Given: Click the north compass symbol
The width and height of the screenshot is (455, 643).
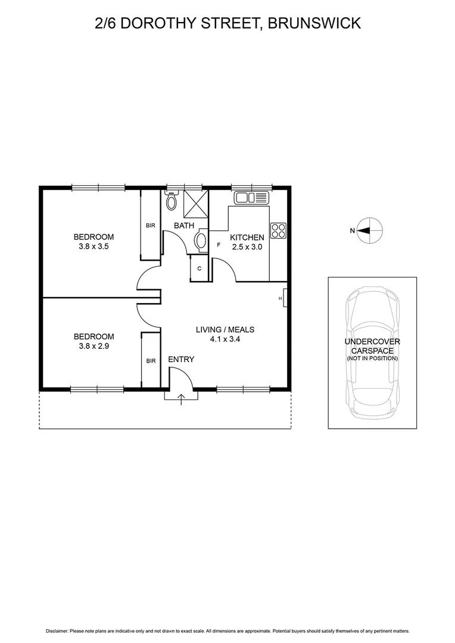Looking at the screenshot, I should click(370, 230).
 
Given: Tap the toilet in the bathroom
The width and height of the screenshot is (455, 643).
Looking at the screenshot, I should click(172, 201).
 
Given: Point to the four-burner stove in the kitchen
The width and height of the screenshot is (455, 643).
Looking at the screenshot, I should click(278, 230).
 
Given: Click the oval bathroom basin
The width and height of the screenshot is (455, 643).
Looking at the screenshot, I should click(201, 241).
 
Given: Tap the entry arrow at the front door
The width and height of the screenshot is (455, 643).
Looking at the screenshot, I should click(182, 397).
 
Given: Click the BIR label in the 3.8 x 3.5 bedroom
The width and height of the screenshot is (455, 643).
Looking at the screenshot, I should click(151, 226).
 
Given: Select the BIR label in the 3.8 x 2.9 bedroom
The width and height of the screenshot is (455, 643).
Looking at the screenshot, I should click(151, 361).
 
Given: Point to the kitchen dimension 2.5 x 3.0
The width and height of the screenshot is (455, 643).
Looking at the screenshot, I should click(247, 246).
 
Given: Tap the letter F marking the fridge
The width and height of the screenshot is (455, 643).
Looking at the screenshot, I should click(219, 245).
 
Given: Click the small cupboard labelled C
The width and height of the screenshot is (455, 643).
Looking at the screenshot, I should click(200, 269).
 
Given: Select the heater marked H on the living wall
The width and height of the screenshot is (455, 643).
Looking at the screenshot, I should click(285, 298).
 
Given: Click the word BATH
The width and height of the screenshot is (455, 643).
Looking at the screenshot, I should click(184, 226).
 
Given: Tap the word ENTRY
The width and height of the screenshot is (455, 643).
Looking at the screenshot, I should click(181, 360).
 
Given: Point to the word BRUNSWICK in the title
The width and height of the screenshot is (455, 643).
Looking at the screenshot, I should click(314, 23).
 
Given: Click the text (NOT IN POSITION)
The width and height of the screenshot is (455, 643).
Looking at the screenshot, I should click(372, 358).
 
